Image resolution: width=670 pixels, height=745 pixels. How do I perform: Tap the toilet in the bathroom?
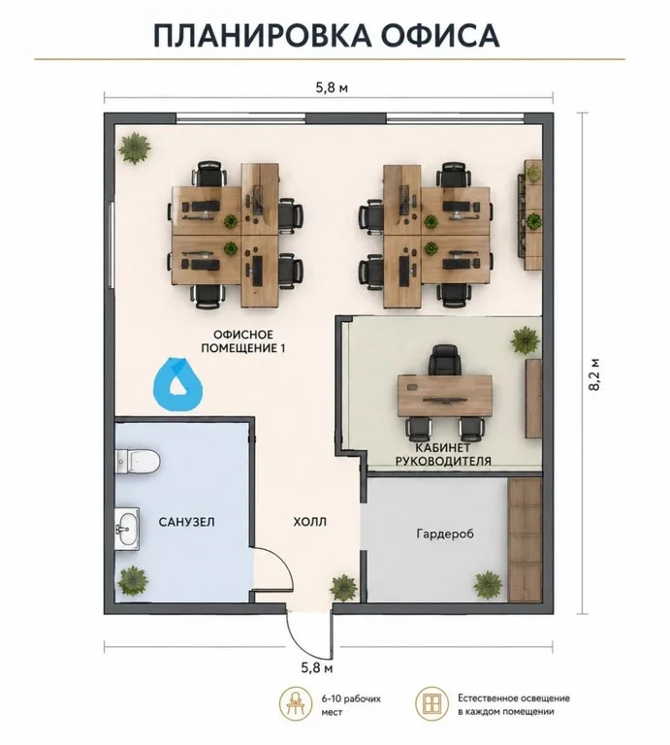[138, 461]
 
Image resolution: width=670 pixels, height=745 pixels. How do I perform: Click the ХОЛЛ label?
[310, 522]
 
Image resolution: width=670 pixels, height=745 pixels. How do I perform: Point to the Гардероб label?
[445, 534]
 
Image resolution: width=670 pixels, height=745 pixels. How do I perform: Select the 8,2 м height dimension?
[593, 374]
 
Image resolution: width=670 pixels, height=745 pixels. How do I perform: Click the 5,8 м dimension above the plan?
[332, 88]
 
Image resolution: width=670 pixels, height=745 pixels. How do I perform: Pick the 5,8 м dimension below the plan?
[317, 667]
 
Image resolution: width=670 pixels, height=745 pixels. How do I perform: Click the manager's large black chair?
[444, 360]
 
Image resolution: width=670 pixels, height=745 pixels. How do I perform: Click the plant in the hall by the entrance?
[344, 588]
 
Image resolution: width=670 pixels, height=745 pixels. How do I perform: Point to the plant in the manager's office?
[526, 340]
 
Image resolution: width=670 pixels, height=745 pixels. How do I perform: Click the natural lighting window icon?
[431, 704]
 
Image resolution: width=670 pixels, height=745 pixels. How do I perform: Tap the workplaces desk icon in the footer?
[296, 704]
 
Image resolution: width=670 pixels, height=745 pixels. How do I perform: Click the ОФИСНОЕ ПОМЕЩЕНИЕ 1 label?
[243, 341]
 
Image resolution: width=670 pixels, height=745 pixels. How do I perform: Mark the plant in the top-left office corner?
[135, 147]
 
